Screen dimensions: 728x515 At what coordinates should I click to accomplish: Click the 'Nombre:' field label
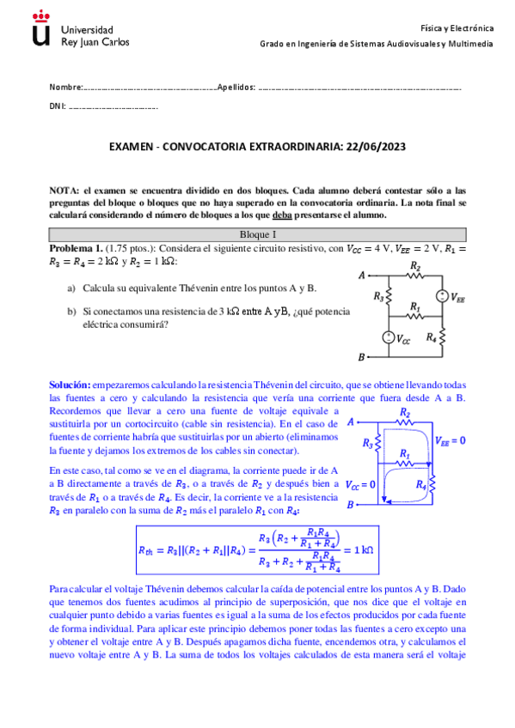click(x=65, y=88)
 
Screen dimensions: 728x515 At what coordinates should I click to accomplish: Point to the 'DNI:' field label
click(x=58, y=108)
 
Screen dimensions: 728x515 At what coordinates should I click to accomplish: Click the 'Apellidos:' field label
click(x=236, y=88)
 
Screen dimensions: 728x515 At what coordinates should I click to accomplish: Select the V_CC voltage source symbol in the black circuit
click(x=389, y=339)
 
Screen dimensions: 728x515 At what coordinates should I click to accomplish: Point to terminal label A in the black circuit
click(x=362, y=276)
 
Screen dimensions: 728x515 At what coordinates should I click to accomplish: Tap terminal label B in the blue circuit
click(x=350, y=506)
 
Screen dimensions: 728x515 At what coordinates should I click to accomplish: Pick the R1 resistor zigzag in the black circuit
click(x=416, y=316)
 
